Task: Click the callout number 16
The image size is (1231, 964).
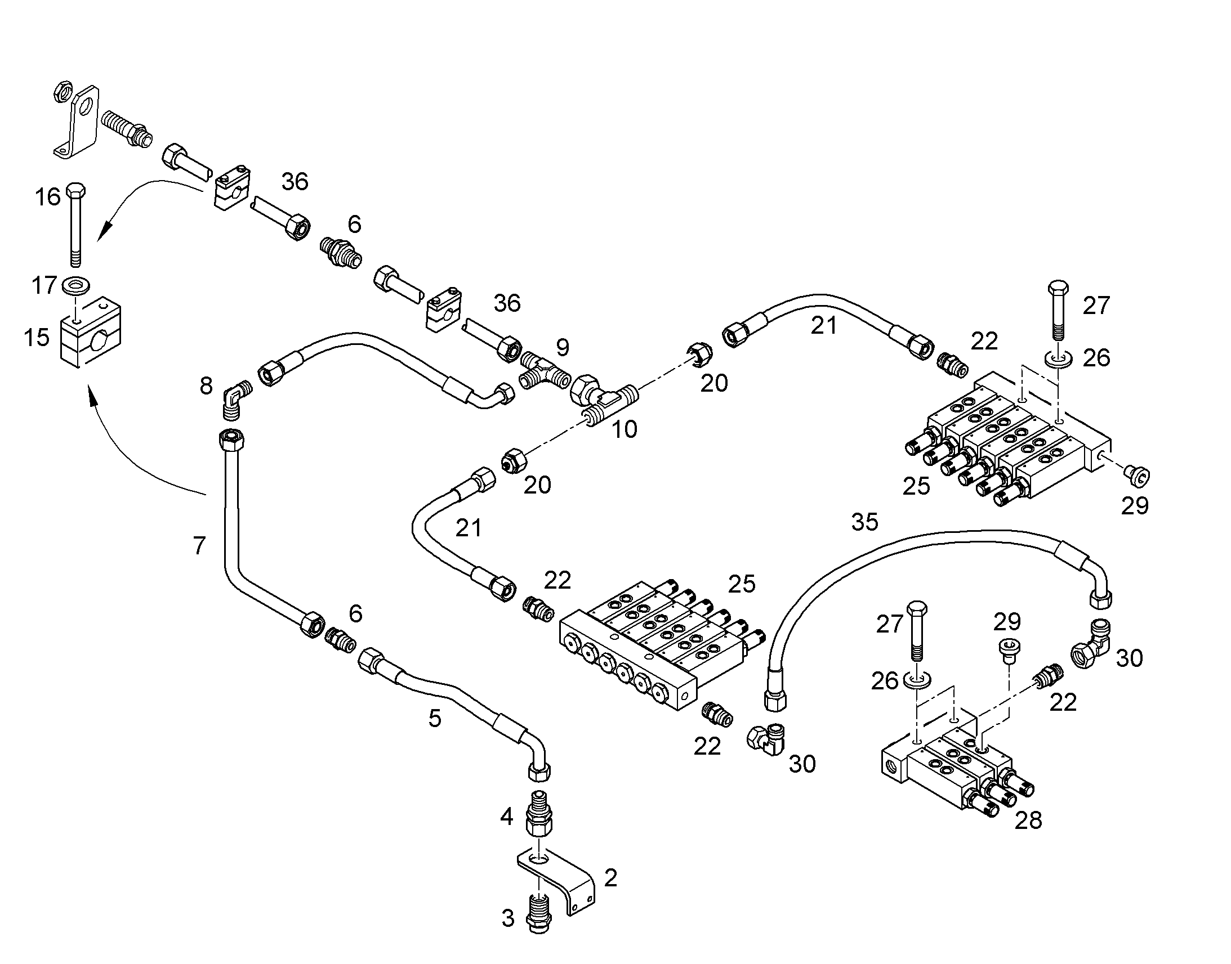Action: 48,197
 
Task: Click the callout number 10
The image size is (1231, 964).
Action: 625,429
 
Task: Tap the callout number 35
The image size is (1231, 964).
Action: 864,522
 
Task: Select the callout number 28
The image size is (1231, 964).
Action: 1028,820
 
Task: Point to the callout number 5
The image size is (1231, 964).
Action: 435,719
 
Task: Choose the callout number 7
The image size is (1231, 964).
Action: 199,546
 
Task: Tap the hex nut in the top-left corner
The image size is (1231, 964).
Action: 61,91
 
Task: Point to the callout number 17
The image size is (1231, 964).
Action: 44,285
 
